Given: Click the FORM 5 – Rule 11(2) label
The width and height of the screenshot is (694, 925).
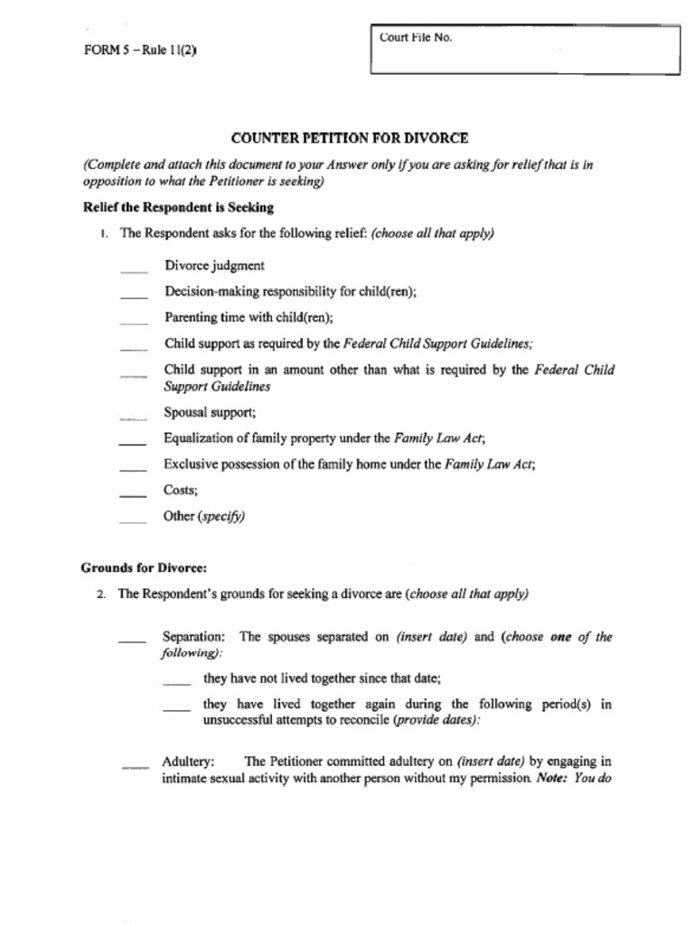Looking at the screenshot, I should (140, 51).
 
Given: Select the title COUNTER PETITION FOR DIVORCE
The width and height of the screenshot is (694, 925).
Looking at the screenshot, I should (350, 138).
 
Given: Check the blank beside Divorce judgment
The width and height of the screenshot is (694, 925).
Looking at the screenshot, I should (134, 268).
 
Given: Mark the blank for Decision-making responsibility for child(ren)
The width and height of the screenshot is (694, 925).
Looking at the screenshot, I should (134, 294).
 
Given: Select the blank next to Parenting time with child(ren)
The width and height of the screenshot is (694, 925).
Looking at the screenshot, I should (134, 320).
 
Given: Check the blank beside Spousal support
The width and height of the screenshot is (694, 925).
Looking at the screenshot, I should (134, 417).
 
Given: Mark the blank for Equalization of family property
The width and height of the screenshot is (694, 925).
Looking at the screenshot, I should (133, 443).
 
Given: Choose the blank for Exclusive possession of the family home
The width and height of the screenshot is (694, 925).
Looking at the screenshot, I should (133, 468).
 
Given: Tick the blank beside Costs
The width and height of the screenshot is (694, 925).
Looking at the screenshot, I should (133, 494).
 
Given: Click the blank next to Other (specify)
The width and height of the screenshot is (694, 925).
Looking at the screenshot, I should (133, 520).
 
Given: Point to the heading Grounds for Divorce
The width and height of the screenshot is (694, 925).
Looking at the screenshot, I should (144, 568).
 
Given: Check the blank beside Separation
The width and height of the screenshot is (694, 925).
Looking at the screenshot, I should (132, 640).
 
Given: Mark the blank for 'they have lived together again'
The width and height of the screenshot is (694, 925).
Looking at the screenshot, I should (177, 707).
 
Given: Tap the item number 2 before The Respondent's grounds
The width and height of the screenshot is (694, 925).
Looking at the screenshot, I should (102, 594).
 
